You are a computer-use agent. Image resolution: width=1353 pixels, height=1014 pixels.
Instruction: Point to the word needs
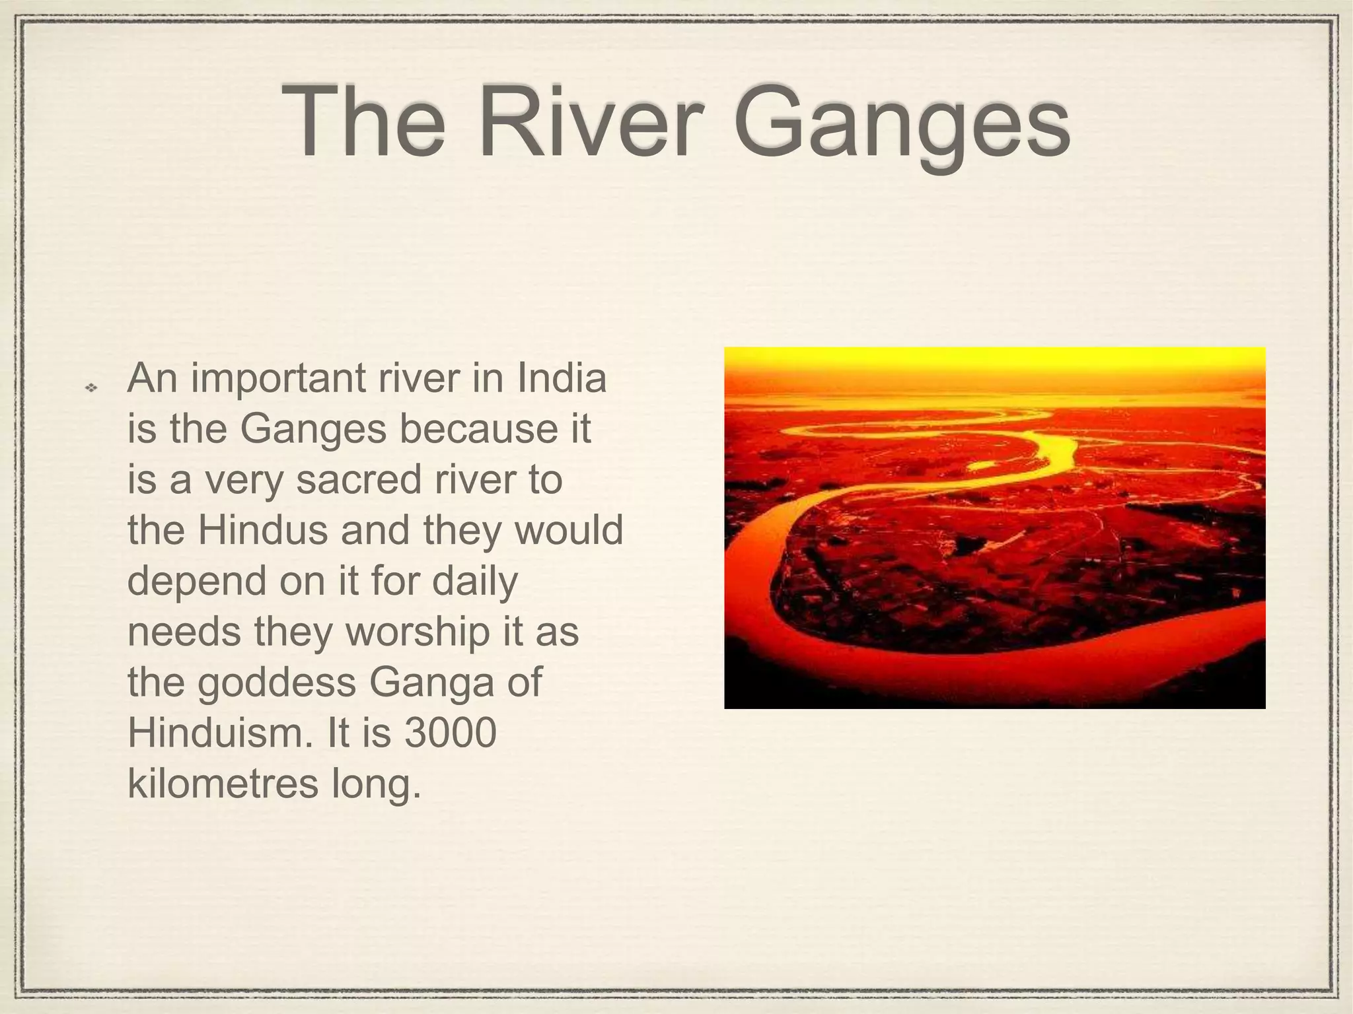coord(184,631)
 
